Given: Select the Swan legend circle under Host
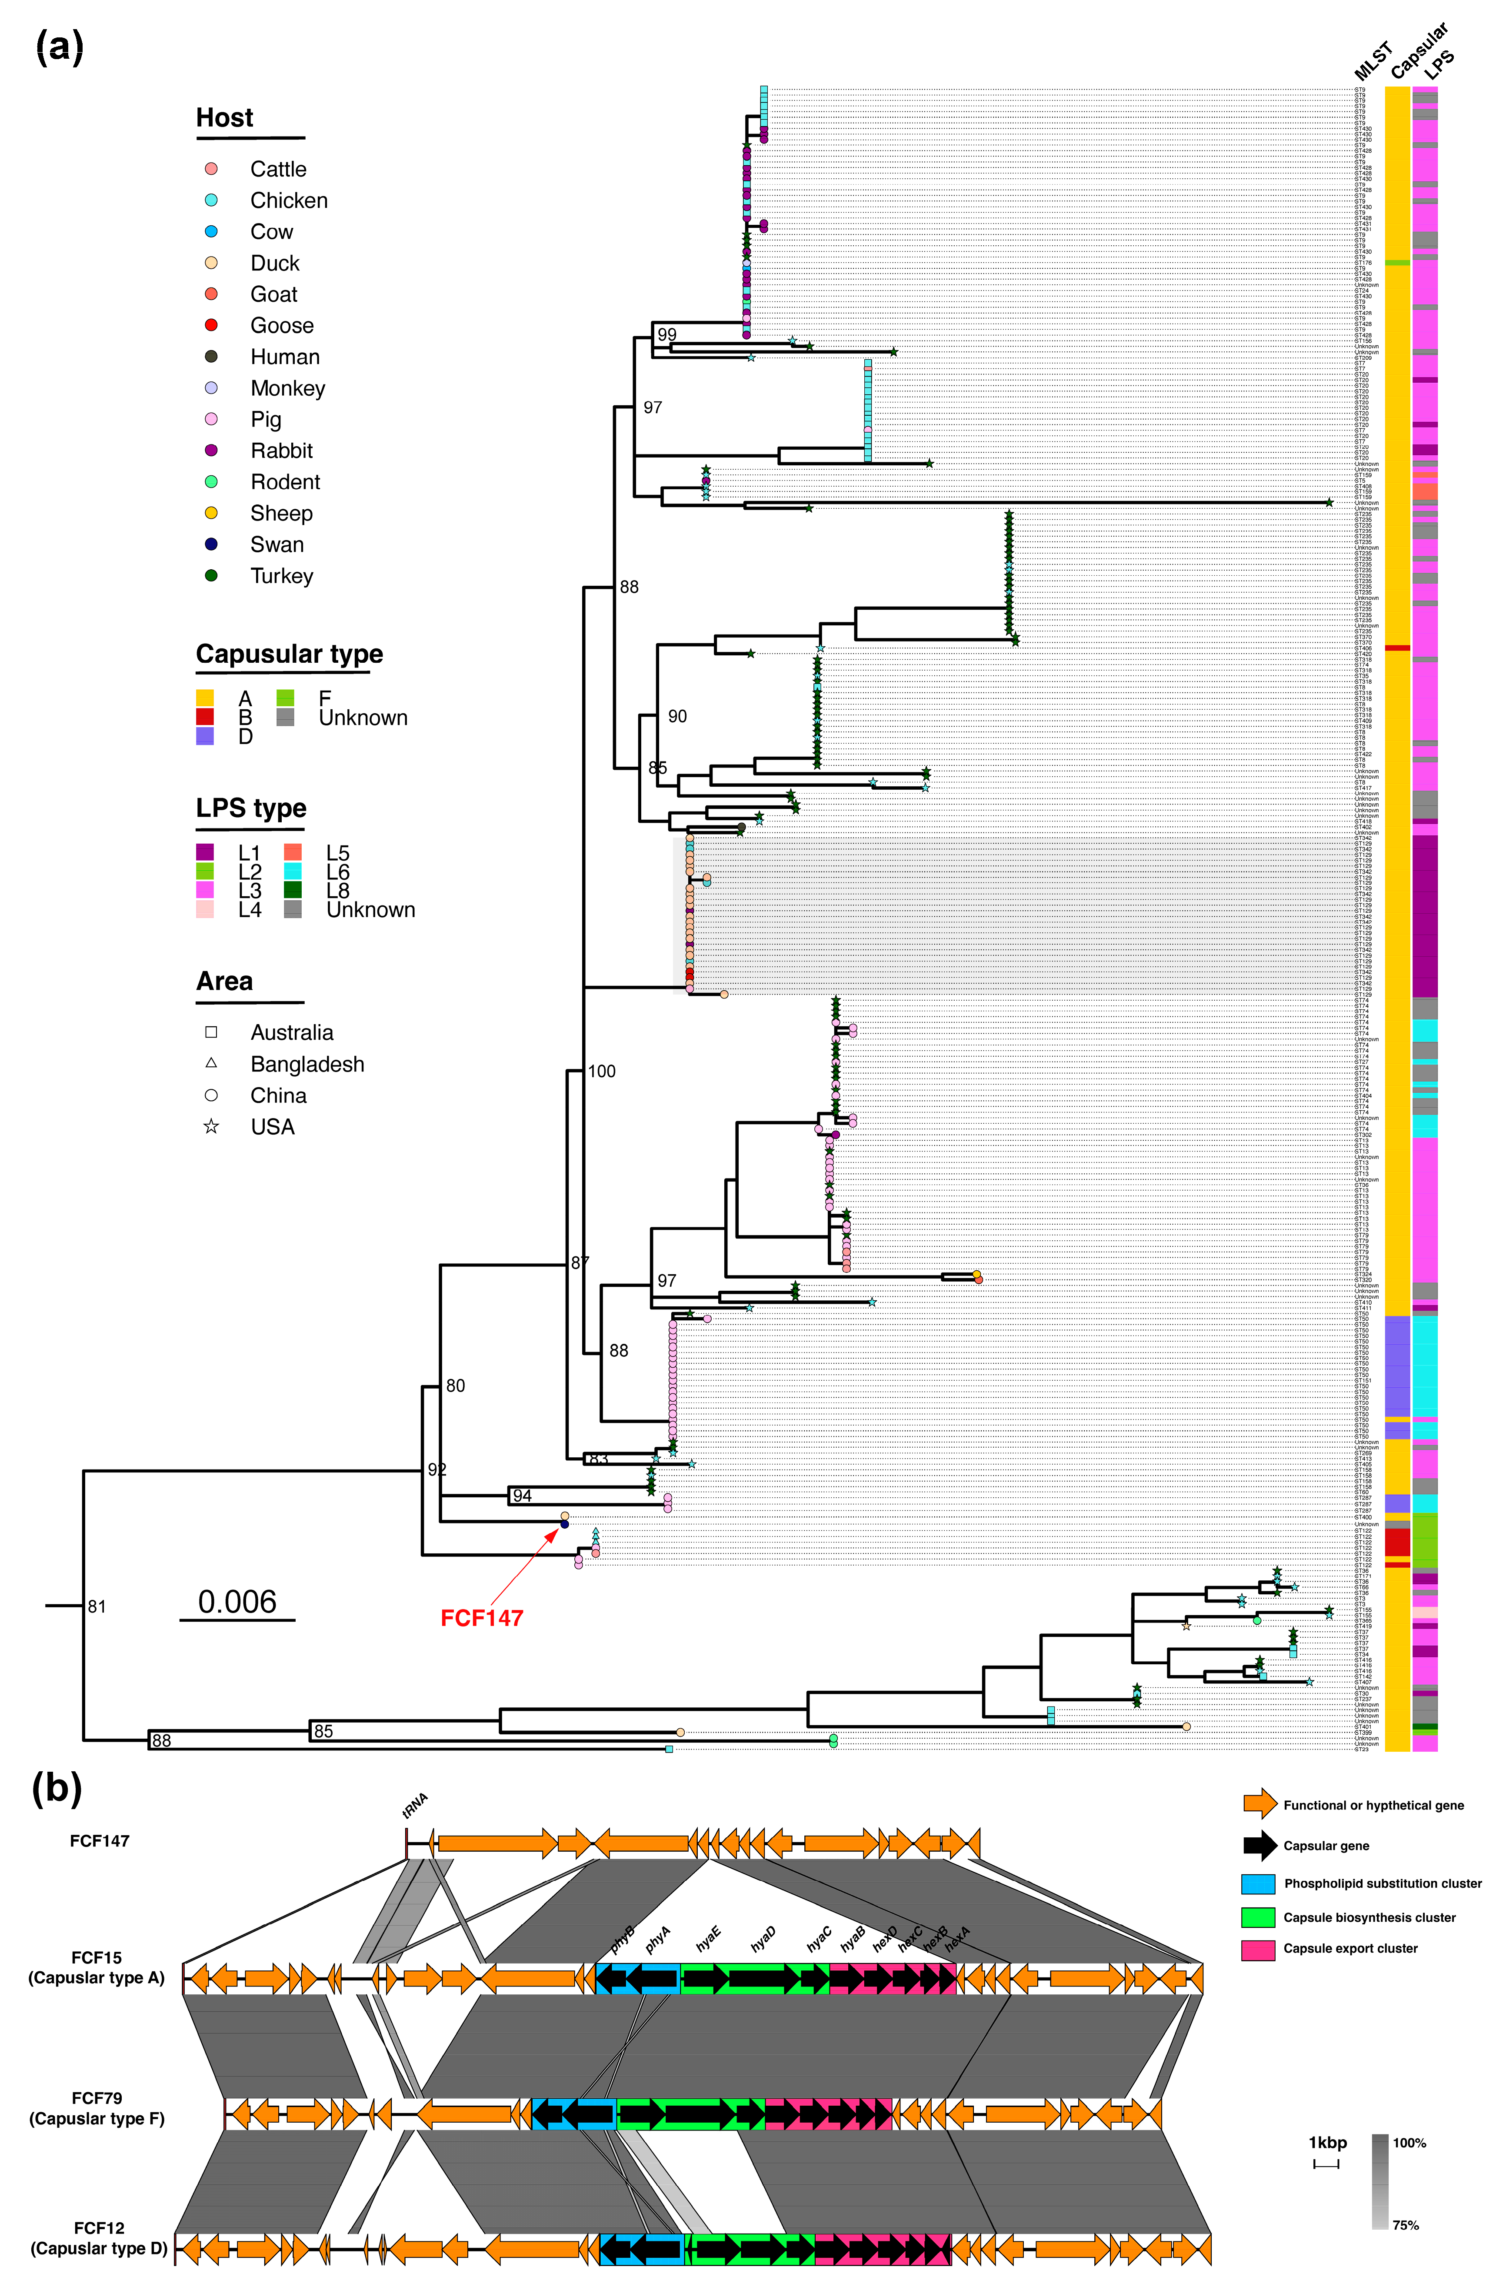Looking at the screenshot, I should click(211, 544).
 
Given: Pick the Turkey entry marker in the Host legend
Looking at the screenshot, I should click(211, 575).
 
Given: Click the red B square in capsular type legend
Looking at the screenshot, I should click(205, 717).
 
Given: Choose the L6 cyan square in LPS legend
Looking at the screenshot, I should click(293, 871).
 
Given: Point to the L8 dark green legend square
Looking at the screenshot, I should click(293, 890).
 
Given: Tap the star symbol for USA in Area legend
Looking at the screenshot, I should click(211, 1127).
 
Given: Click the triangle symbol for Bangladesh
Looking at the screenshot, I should click(211, 1063).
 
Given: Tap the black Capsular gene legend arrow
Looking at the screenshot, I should click(1259, 1845).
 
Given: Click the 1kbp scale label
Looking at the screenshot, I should click(1327, 2143).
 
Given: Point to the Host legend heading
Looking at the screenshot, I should click(225, 118).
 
